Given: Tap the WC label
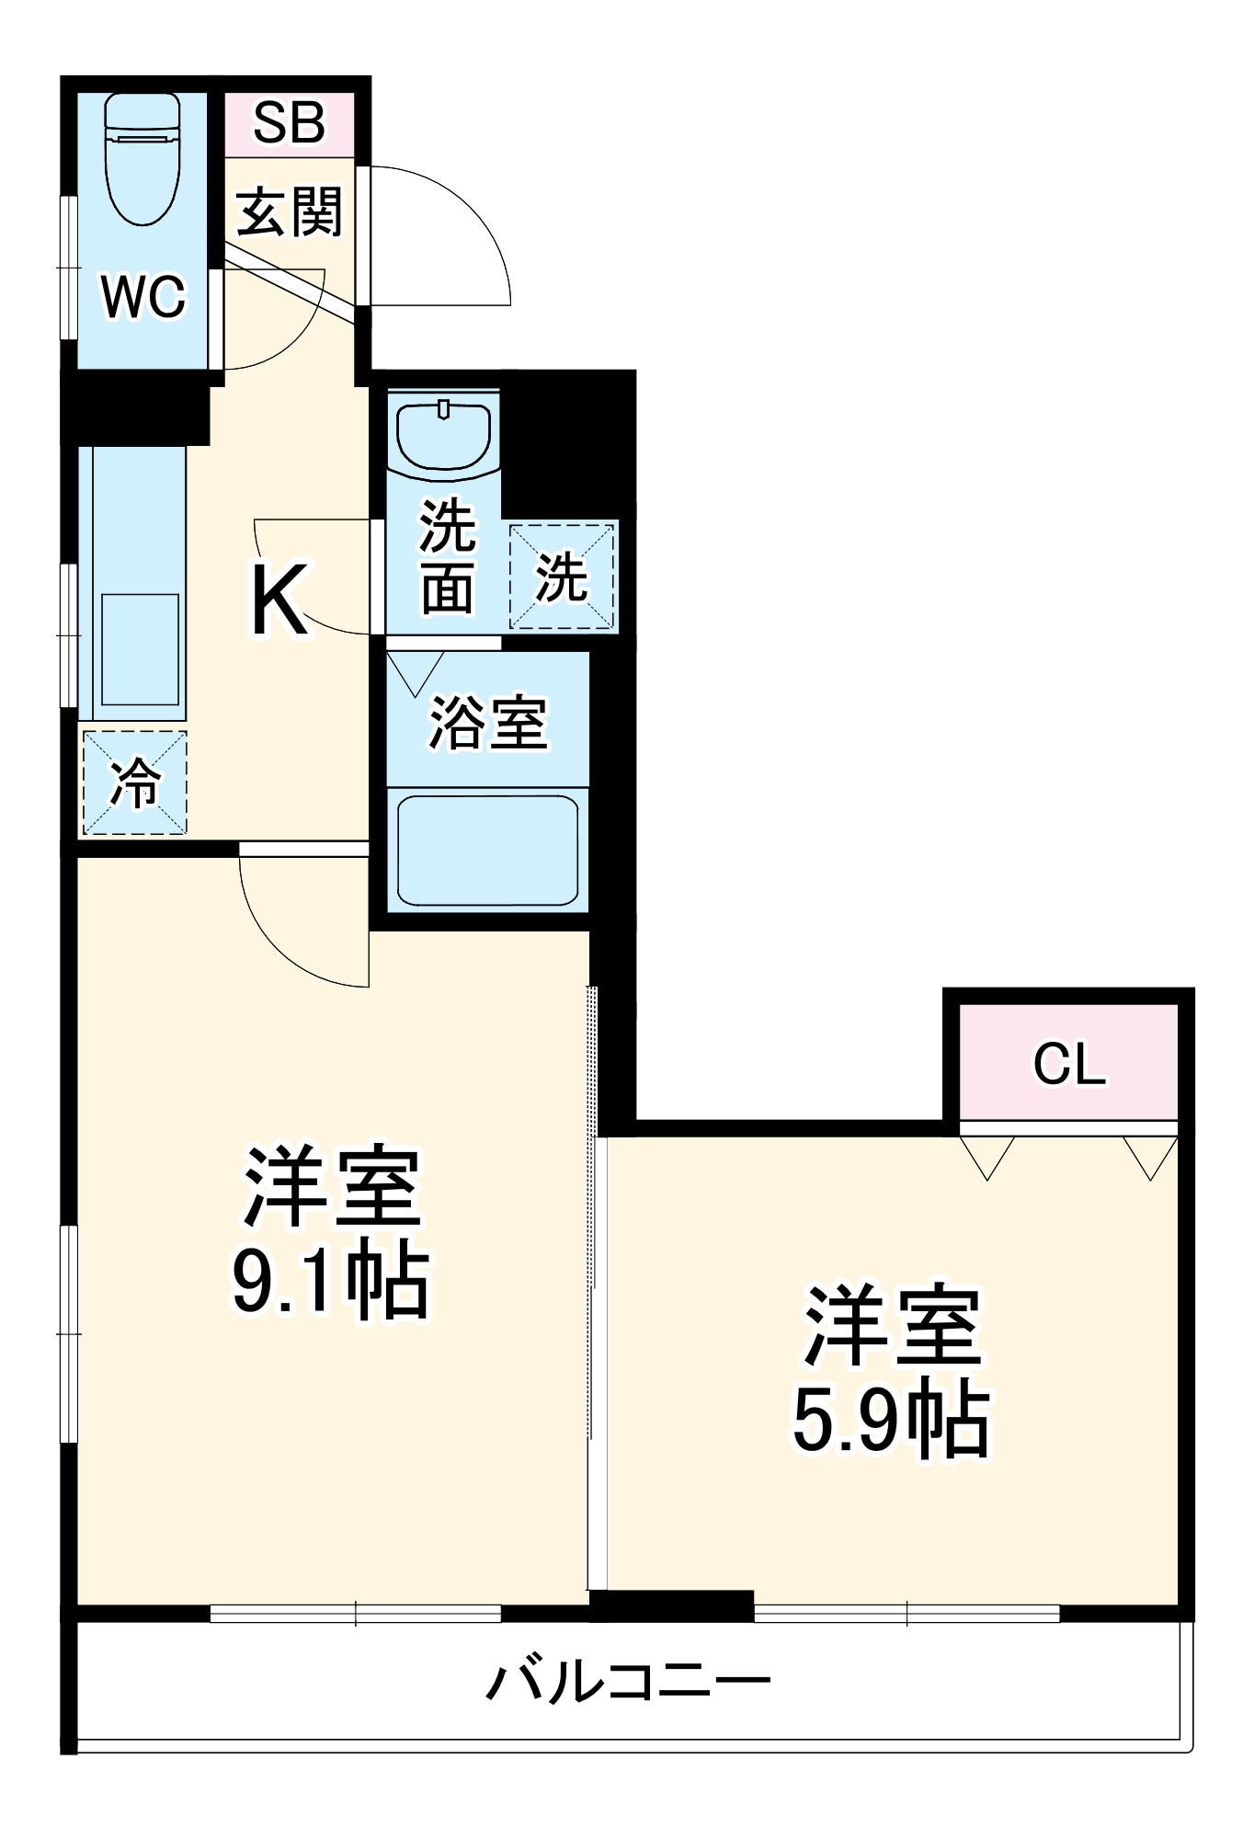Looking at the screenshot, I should [x=143, y=297].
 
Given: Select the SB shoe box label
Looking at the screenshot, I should [x=289, y=123].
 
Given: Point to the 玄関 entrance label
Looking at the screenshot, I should [x=289, y=211].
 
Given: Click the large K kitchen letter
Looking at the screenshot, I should [x=278, y=600].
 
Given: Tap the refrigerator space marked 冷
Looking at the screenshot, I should [x=135, y=783].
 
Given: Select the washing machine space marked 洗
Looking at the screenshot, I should [x=562, y=577].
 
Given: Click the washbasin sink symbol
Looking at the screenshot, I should [x=443, y=436].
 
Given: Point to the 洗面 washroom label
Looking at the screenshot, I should [x=448, y=556].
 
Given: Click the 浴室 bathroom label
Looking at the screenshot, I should [x=488, y=722].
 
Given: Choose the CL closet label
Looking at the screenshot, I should [x=1068, y=1064].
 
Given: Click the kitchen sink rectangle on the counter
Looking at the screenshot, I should [x=140, y=649].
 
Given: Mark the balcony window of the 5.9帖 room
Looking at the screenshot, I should [x=907, y=1613].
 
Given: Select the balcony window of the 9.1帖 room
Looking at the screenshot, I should [x=355, y=1613].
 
